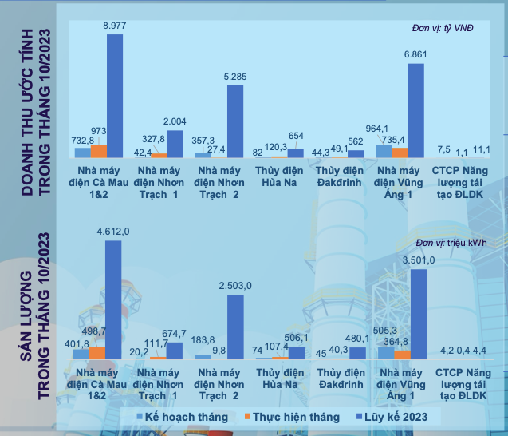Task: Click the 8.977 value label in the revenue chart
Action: pos(115,26)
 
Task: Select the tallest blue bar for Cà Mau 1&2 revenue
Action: pos(115,96)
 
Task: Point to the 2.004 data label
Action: pos(175,121)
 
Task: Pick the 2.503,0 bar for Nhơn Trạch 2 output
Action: pos(235,327)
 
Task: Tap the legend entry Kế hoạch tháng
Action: pos(183,417)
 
